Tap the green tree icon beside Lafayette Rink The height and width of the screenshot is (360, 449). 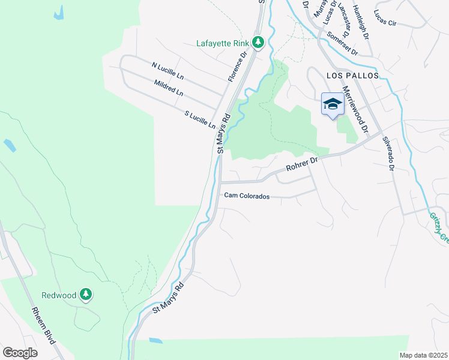[x=258, y=43]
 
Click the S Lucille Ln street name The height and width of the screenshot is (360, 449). [x=199, y=120]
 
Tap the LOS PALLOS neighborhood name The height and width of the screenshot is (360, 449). [x=353, y=76]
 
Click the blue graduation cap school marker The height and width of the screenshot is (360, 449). [x=332, y=104]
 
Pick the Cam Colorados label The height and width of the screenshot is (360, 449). [x=247, y=196]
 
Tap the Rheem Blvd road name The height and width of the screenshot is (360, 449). [x=44, y=326]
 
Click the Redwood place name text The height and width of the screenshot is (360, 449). [x=59, y=295]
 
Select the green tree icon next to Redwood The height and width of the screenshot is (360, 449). [x=86, y=295]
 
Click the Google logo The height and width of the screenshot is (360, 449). [x=20, y=352]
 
